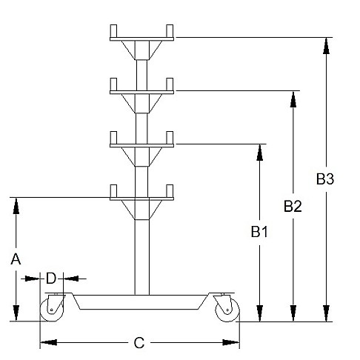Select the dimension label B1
pos(259,232)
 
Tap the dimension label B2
pos(293,206)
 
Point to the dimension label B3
pos(325,179)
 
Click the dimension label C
pos(139,343)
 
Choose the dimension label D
pos(51,279)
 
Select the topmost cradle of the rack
pos(141,41)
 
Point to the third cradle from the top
pos(141,148)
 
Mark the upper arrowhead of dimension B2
pos(294,99)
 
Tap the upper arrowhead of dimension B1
pos(259,152)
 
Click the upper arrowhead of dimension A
pos(16,205)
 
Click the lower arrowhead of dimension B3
pos(325,314)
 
